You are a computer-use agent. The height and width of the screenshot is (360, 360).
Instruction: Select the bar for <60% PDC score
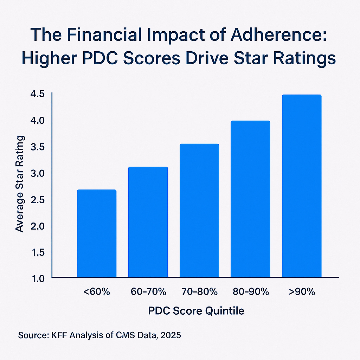[96, 233]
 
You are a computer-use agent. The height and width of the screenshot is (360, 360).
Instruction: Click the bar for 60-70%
[148, 222]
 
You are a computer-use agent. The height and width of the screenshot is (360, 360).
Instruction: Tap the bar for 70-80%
[199, 211]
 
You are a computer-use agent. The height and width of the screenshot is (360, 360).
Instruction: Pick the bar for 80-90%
[250, 199]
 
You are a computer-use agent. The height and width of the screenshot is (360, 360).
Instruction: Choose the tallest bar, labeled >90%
[302, 186]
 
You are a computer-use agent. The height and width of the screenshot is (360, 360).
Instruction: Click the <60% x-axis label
[96, 292]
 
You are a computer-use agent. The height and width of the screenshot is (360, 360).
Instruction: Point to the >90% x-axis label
[302, 292]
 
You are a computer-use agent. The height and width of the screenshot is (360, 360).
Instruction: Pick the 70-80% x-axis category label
[199, 292]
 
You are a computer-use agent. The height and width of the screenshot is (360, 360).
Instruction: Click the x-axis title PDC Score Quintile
[196, 311]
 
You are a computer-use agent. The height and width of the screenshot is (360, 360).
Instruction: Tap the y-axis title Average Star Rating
[20, 183]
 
